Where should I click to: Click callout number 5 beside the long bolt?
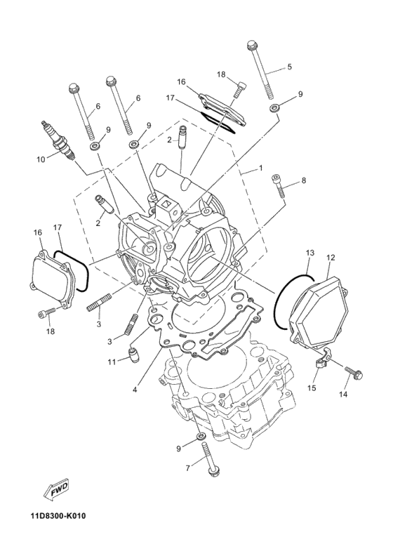point(288,68)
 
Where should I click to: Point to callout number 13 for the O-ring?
point(309,252)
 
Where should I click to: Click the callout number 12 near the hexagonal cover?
point(330,258)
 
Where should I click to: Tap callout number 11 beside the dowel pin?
point(112,362)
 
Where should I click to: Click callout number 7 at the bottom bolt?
point(187,468)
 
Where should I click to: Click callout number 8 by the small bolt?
point(303,180)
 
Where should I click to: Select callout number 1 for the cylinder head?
point(260,168)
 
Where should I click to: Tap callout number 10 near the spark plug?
point(41,159)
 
